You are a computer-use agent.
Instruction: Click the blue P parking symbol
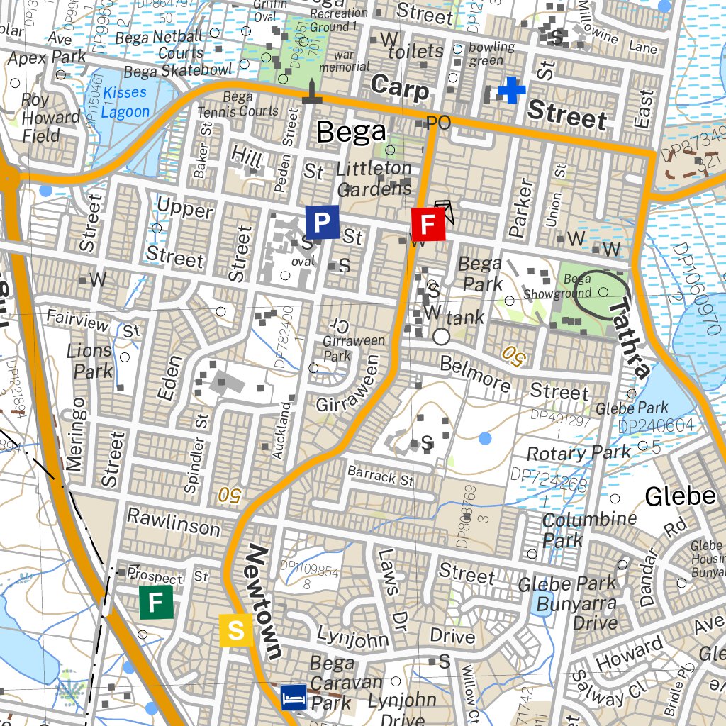click(322, 223)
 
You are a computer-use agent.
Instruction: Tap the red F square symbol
click(428, 225)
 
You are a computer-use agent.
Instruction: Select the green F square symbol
click(157, 603)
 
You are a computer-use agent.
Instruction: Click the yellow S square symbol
click(236, 630)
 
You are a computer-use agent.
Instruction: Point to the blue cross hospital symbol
click(511, 91)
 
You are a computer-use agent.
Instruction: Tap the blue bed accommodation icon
click(294, 697)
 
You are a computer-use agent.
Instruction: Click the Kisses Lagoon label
click(125, 102)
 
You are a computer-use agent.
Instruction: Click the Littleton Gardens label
click(374, 178)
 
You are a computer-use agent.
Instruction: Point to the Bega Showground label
click(557, 286)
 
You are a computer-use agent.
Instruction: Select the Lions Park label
click(89, 360)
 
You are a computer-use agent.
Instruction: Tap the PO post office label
click(438, 123)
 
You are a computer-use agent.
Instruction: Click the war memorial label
click(345, 60)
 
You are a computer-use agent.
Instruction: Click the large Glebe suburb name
click(680, 496)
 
